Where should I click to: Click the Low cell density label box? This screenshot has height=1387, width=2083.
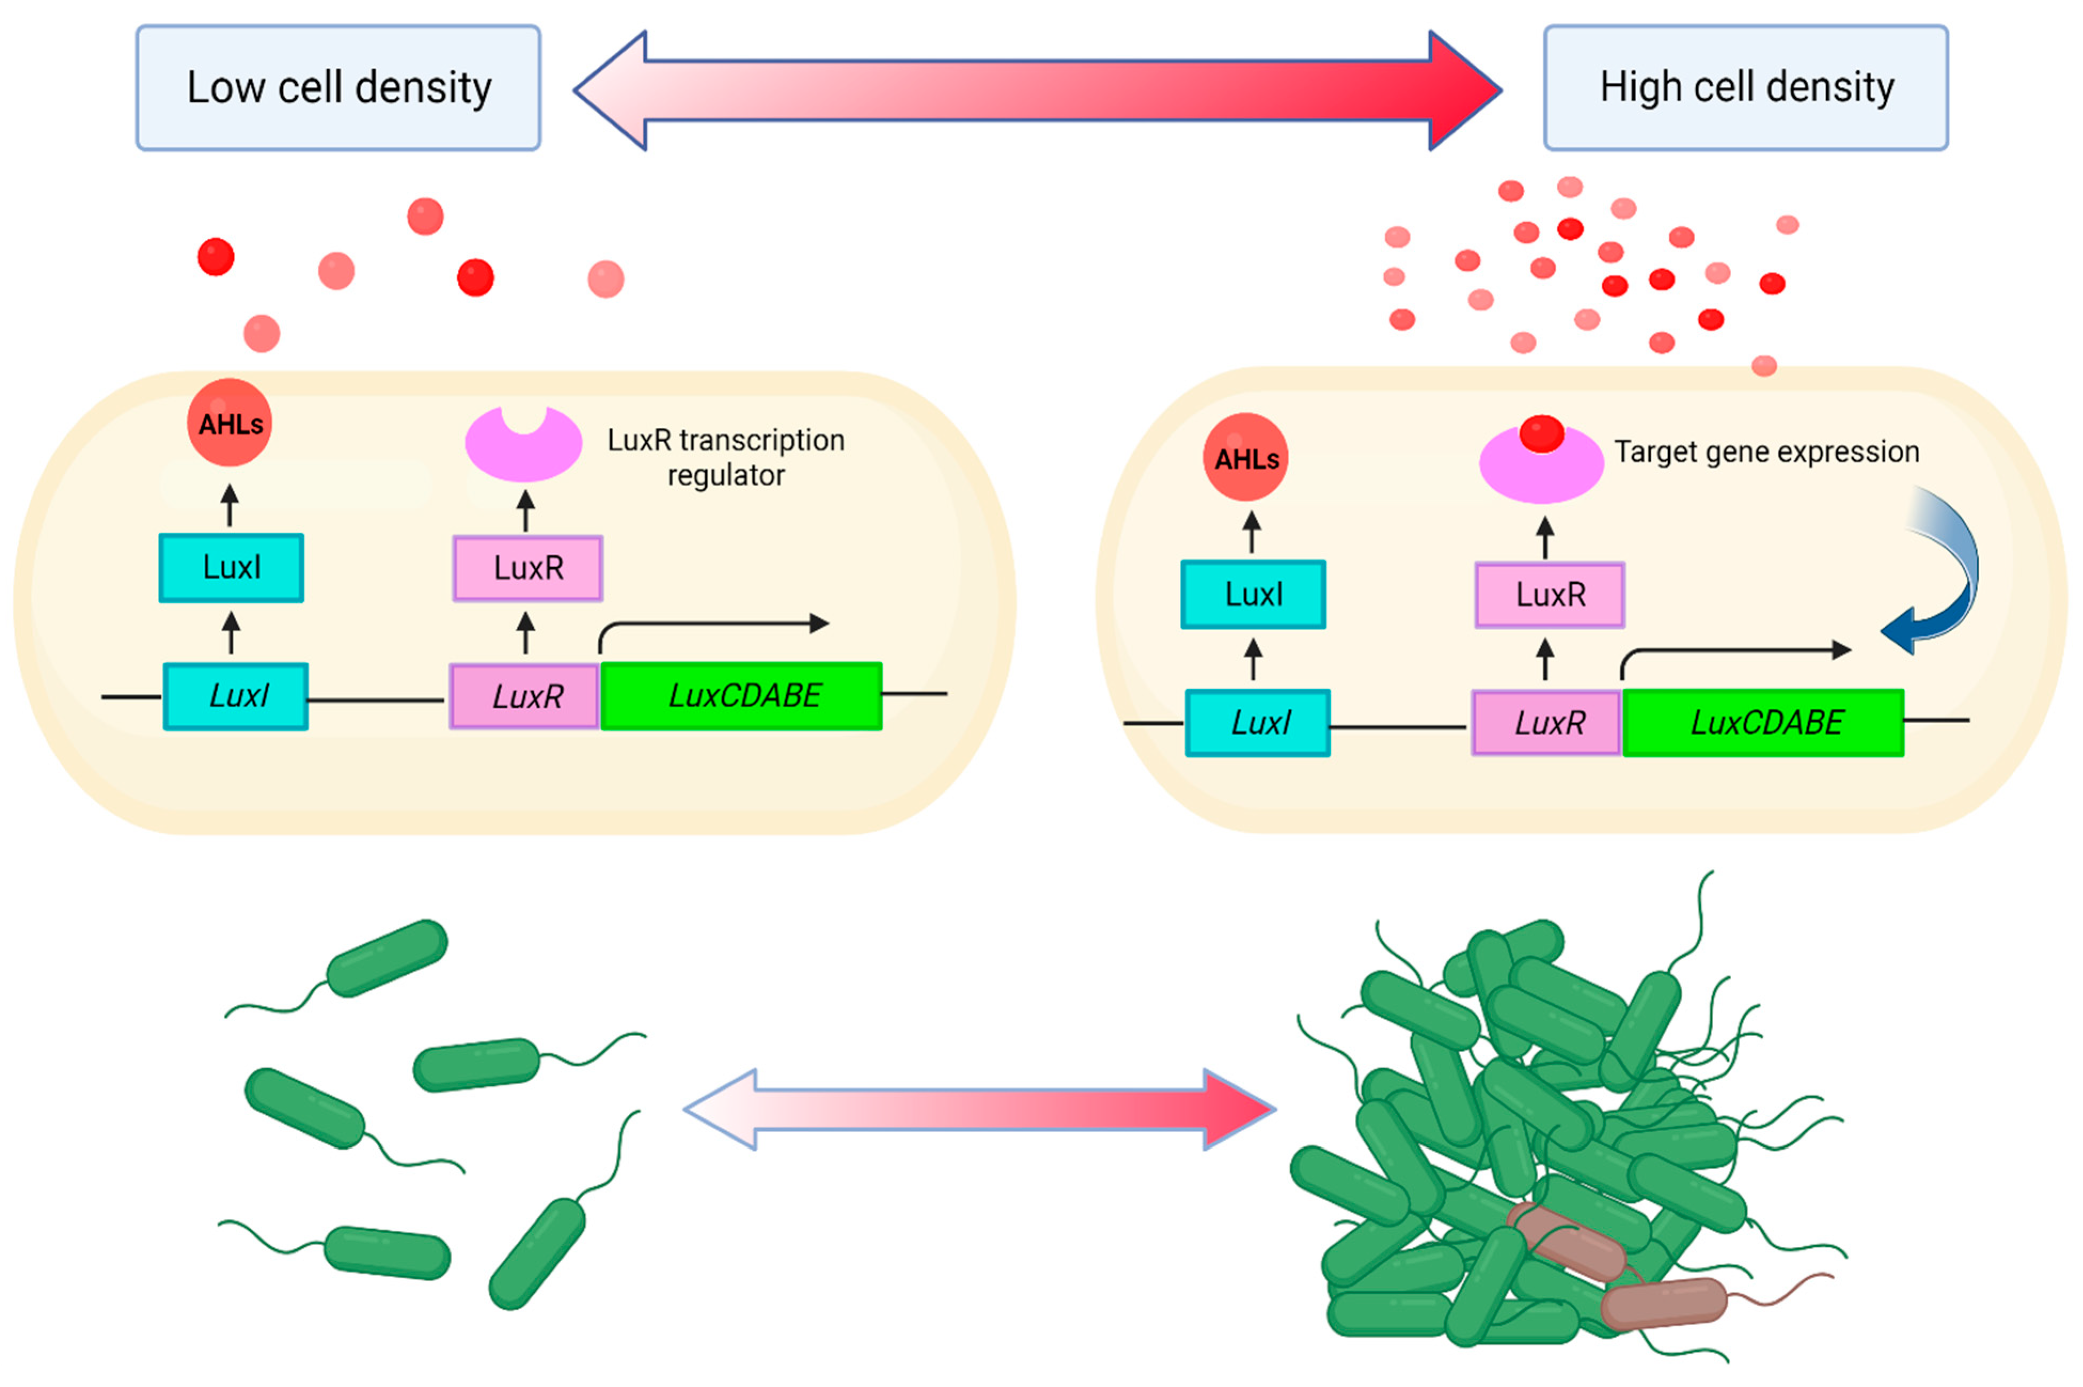pyautogui.click(x=338, y=88)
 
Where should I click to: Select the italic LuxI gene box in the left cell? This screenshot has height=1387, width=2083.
pyautogui.click(x=236, y=696)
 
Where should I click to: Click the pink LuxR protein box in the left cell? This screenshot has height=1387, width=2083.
pyautogui.click(x=528, y=568)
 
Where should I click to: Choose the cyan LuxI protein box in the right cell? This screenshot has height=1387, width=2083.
pyautogui.click(x=1253, y=594)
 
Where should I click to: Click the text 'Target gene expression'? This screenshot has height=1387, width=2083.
pyautogui.click(x=1766, y=452)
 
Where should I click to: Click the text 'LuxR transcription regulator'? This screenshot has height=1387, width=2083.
pyautogui.click(x=726, y=457)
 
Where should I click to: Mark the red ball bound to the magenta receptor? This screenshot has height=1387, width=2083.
pyautogui.click(x=1541, y=434)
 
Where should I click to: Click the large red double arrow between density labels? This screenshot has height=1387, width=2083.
pyautogui.click(x=1037, y=90)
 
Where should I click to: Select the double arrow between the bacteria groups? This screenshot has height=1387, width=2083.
pyautogui.click(x=980, y=1109)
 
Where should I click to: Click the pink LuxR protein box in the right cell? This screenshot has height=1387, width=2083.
pyautogui.click(x=1549, y=594)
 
